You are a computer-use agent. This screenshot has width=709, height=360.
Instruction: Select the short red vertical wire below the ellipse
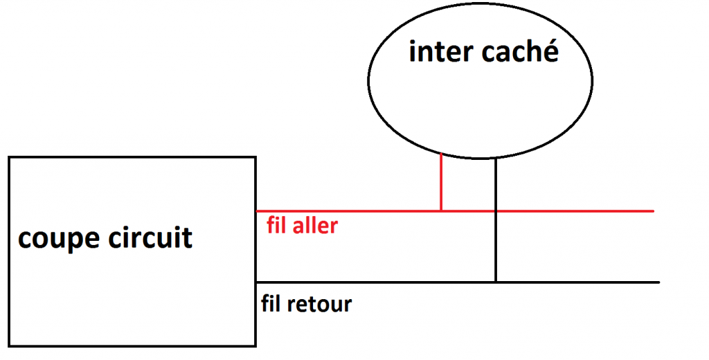pyautogui.click(x=441, y=182)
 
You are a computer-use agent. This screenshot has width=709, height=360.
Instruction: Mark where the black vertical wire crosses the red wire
pyautogui.click(x=496, y=210)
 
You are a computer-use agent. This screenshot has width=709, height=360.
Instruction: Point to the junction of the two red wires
pyautogui.click(x=441, y=210)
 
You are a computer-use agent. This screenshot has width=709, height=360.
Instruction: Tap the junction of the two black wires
pyautogui.click(x=496, y=282)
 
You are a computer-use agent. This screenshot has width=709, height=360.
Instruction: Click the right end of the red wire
pyautogui.click(x=653, y=210)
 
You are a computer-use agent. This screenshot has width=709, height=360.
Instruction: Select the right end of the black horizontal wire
pyautogui.click(x=658, y=282)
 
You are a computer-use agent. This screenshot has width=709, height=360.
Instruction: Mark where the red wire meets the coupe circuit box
pyautogui.click(x=257, y=210)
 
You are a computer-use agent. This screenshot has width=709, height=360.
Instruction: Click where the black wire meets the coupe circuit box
pyautogui.click(x=257, y=282)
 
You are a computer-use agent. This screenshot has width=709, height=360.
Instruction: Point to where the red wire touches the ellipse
pyautogui.click(x=441, y=154)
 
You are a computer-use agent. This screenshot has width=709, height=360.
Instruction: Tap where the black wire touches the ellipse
pyautogui.click(x=496, y=159)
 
